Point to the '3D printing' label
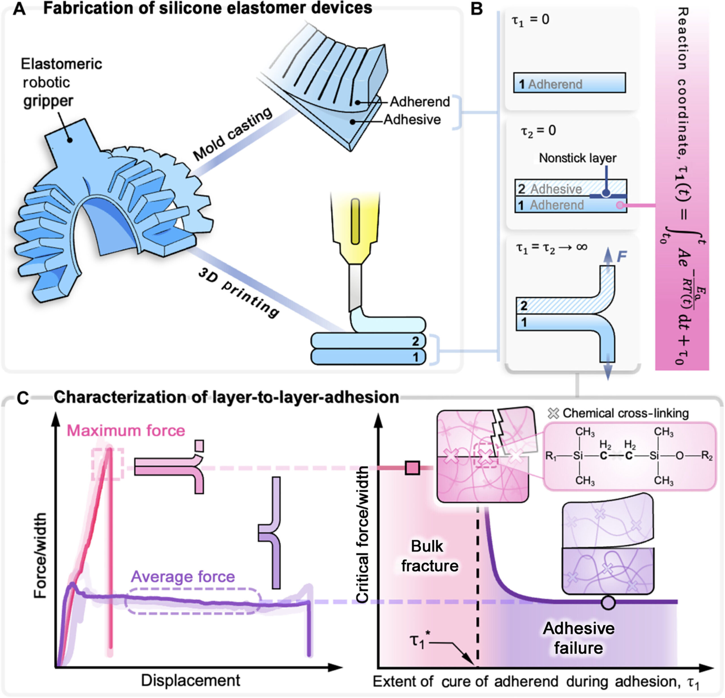[238, 293]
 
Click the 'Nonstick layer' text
[577, 158]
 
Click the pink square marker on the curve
[412, 468]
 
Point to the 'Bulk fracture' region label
[429, 556]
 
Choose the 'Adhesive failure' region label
[579, 638]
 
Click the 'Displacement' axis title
[191, 680]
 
